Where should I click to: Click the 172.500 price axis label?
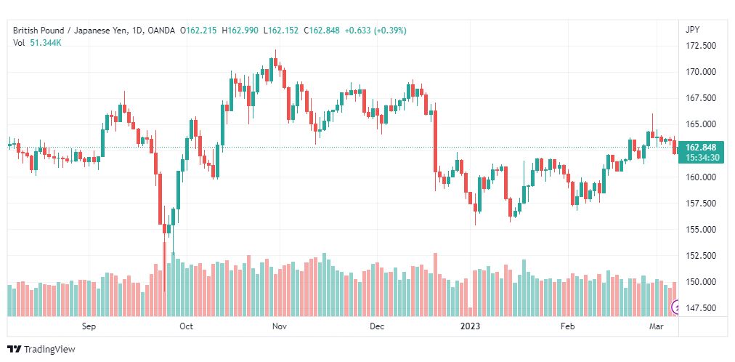(699, 46)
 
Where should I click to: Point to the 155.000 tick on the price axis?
(699, 229)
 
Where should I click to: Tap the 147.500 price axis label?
(699, 307)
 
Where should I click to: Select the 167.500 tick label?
(699, 98)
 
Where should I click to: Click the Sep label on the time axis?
(89, 326)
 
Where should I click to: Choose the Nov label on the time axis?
(278, 326)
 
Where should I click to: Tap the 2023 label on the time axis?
(470, 326)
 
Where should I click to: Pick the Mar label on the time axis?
(656, 326)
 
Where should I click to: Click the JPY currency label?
(692, 30)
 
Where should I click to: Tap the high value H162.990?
(240, 31)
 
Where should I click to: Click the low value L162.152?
(281, 31)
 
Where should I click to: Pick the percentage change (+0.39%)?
(390, 31)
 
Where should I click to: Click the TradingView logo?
(41, 350)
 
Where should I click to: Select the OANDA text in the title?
(161, 31)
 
